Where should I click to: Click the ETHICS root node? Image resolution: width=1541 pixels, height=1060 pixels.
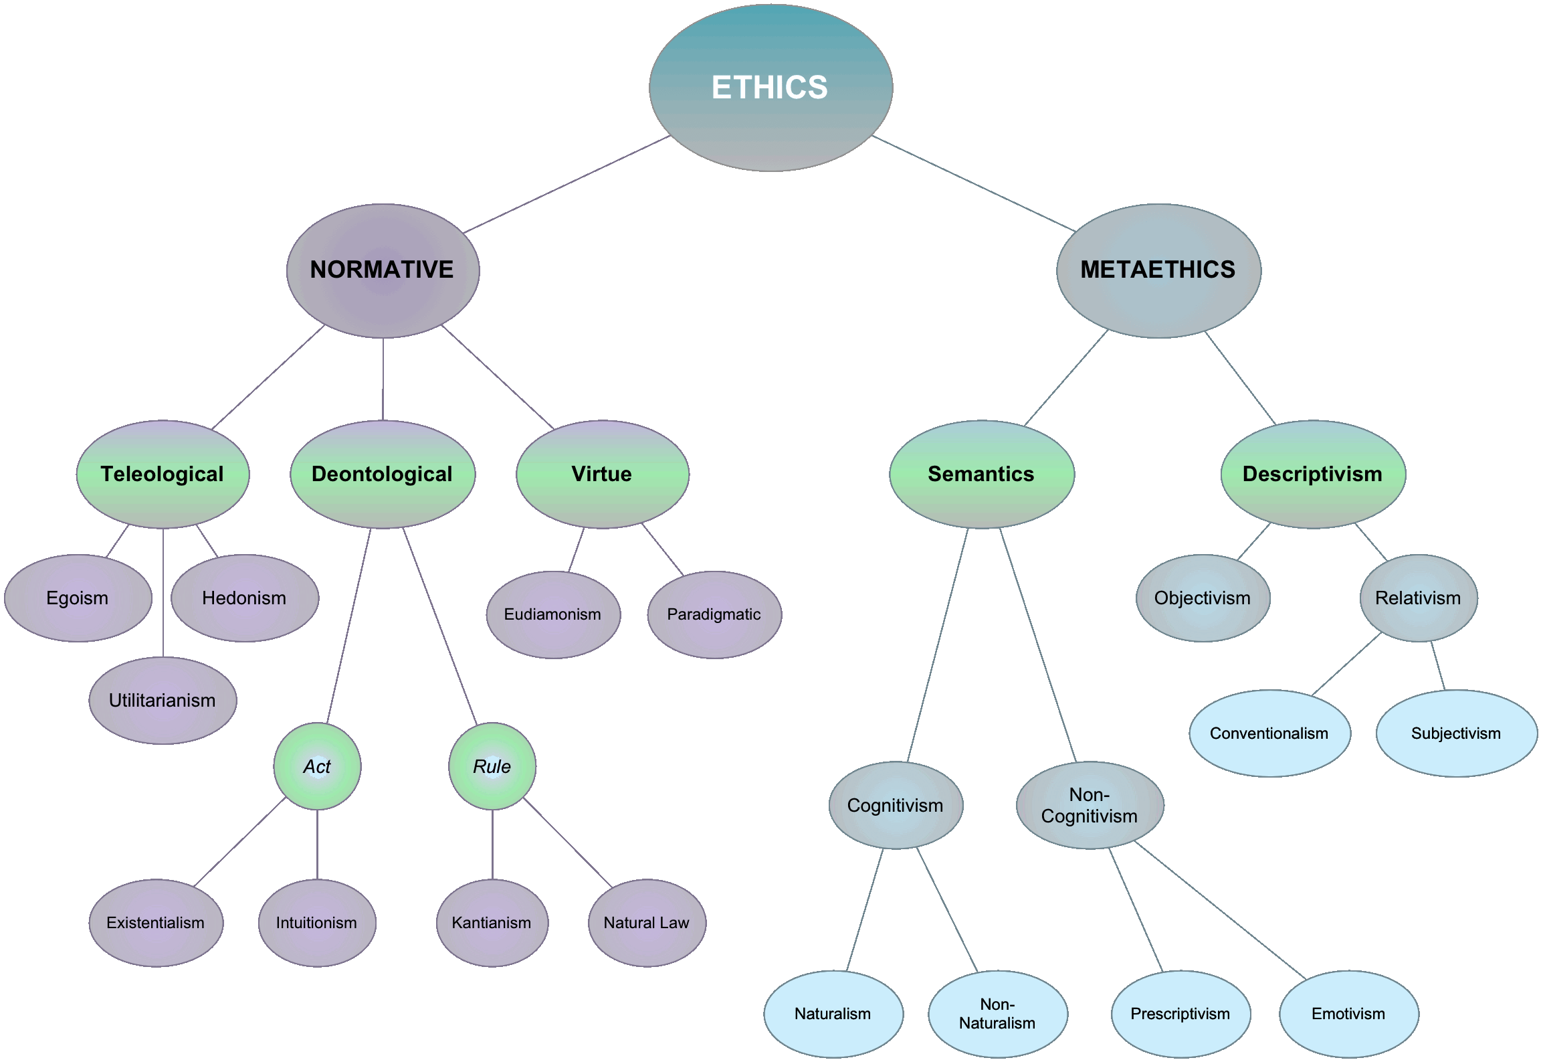click(x=770, y=88)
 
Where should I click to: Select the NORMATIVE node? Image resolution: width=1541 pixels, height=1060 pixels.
click(x=383, y=270)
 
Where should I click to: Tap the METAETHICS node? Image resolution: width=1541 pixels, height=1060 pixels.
click(x=1158, y=270)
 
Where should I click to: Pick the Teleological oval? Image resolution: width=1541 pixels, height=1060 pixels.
click(x=163, y=474)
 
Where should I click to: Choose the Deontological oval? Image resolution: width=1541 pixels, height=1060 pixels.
click(x=383, y=474)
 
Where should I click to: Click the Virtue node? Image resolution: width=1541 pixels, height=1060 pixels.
click(x=603, y=474)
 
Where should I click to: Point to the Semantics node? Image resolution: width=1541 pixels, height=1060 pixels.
click(x=982, y=474)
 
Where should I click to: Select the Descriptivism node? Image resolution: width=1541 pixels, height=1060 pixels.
click(x=1313, y=474)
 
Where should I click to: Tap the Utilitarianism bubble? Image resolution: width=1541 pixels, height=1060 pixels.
click(x=163, y=700)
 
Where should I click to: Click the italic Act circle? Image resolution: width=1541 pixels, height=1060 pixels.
click(x=317, y=766)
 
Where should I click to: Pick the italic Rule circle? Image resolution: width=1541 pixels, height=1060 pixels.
click(x=492, y=766)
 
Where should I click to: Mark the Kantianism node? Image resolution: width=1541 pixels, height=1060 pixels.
click(x=492, y=923)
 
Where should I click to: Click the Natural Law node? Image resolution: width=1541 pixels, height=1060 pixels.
click(x=647, y=923)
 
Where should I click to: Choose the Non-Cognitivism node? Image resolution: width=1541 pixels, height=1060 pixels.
click(x=1090, y=805)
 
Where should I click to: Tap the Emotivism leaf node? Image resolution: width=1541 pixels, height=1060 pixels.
click(x=1349, y=1014)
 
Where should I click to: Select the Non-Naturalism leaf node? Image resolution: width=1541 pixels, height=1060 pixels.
click(x=998, y=1014)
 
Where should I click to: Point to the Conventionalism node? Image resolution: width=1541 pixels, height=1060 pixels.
click(x=1269, y=733)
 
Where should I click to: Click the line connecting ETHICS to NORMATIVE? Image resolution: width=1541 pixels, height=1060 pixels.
click(x=567, y=184)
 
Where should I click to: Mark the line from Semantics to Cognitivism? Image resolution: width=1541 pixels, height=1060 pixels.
click(x=938, y=644)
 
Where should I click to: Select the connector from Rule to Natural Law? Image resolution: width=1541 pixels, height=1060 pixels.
click(x=568, y=843)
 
